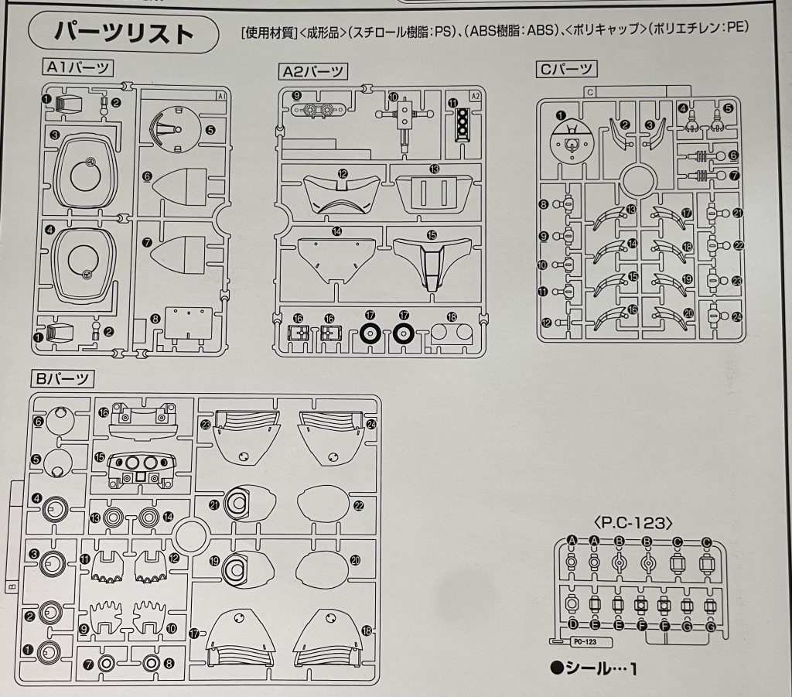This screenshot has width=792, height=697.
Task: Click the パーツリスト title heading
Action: [124, 32]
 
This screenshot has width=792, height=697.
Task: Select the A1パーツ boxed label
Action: [78, 67]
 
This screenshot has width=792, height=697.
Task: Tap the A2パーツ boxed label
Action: [312, 72]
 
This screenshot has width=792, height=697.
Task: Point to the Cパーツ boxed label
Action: [566, 69]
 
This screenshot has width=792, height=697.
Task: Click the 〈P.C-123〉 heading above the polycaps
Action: [633, 523]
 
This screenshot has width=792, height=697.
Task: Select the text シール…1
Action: [595, 668]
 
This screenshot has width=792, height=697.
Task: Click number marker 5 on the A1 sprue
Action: [210, 130]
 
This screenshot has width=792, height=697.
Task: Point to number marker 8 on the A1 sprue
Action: [155, 319]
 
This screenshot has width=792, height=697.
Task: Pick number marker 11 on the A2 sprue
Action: [452, 103]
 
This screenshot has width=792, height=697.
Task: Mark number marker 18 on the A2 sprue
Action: [452, 316]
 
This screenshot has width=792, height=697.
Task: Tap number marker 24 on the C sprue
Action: [737, 316]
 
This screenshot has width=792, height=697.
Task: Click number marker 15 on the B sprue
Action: [100, 457]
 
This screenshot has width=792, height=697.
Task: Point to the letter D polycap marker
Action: [573, 624]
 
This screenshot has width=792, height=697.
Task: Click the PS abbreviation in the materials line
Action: [442, 31]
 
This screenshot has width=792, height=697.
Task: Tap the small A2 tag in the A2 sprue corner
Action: [475, 96]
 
